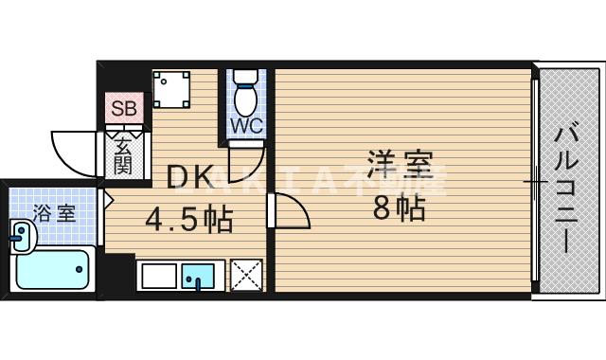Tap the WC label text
[x=245, y=125]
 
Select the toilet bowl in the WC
[x=245, y=99]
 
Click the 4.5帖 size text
[x=188, y=222]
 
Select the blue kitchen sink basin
[x=199, y=277]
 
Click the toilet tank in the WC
[x=246, y=78]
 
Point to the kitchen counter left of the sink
[x=157, y=276]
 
